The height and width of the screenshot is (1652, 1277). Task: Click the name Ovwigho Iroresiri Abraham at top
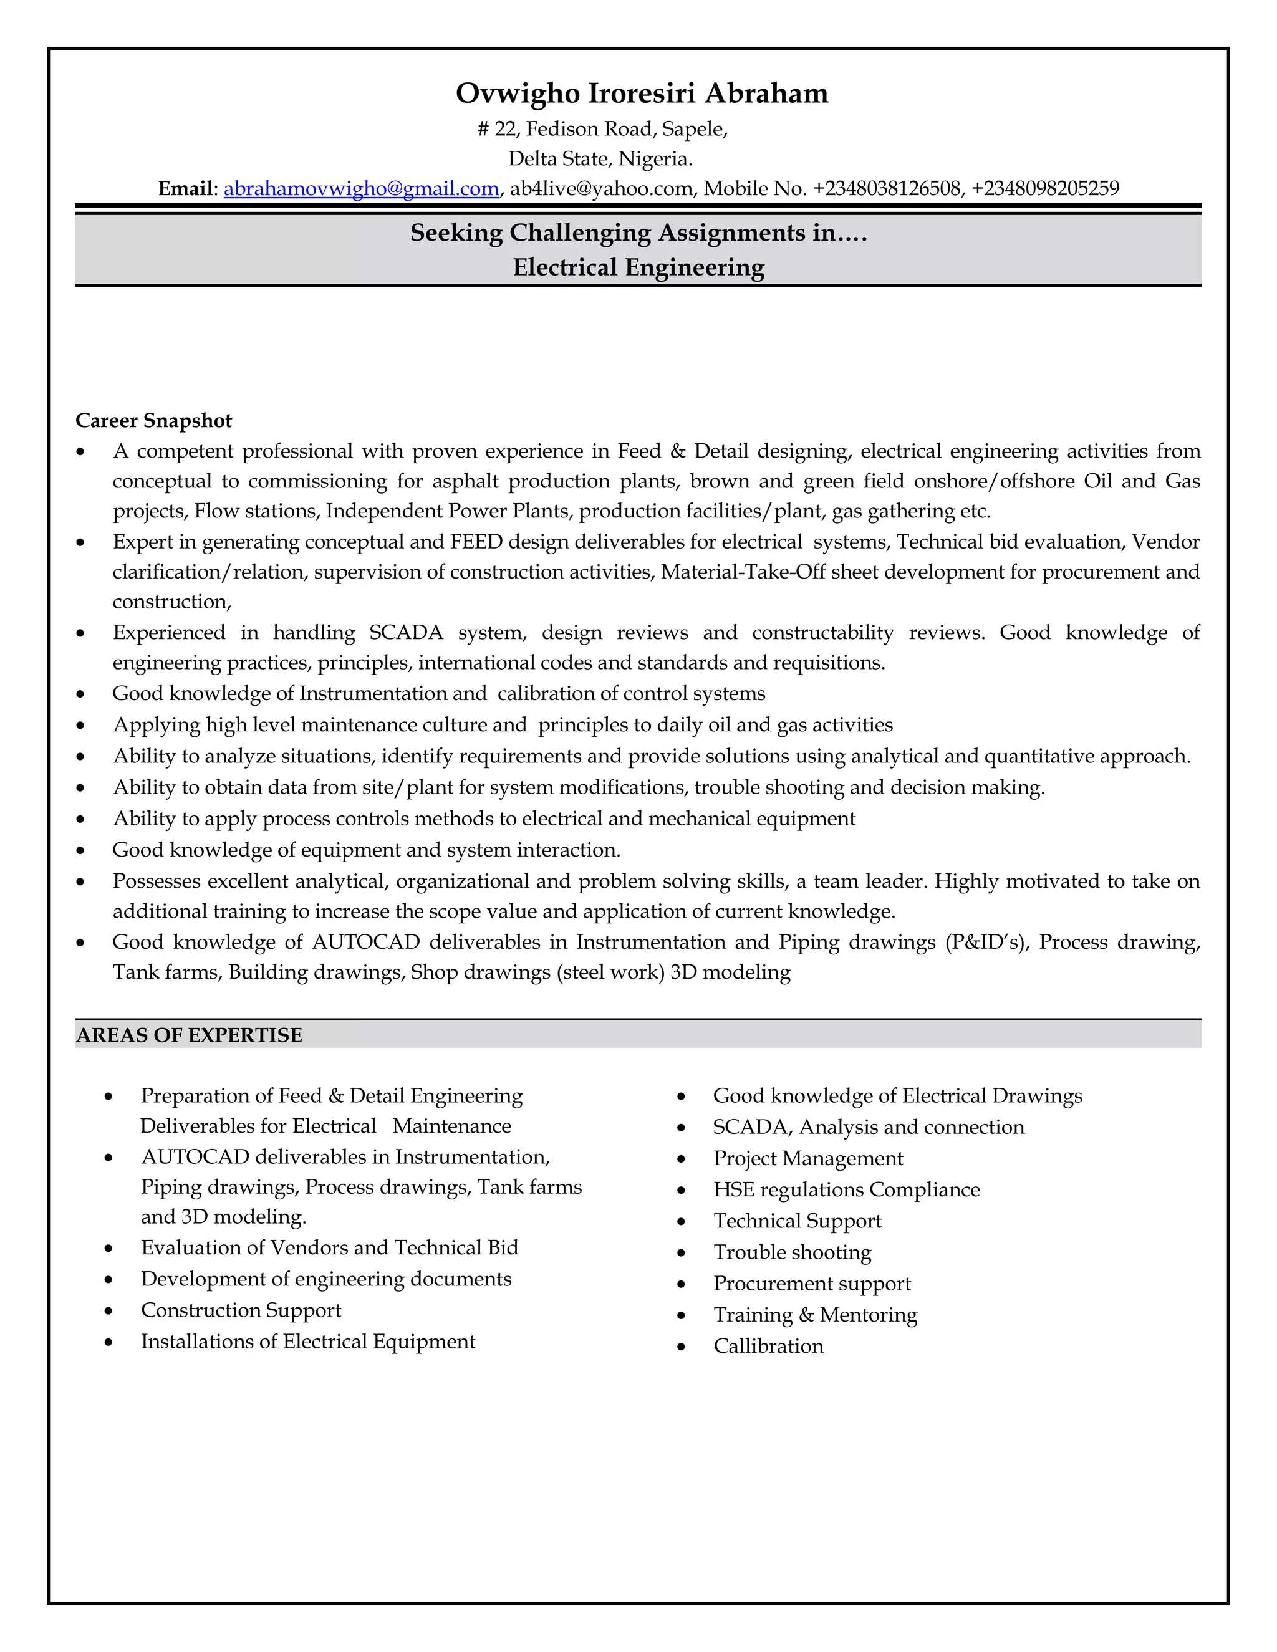[642, 94]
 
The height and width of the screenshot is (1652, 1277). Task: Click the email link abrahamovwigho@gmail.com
[361, 188]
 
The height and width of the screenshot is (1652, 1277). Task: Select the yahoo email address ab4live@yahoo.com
[602, 188]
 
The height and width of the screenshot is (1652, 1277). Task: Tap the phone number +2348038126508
[887, 188]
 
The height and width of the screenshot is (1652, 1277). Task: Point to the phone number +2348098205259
[1045, 188]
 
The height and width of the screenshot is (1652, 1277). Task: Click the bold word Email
[185, 188]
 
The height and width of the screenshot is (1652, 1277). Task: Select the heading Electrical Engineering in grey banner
[638, 267]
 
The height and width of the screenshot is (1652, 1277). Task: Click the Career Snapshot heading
[153, 421]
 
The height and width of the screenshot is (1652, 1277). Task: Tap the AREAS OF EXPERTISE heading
[189, 1035]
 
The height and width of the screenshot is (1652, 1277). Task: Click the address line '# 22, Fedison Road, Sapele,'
[602, 129]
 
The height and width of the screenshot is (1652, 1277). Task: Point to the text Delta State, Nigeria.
[600, 159]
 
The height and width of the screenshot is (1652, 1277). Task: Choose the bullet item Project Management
[807, 1159]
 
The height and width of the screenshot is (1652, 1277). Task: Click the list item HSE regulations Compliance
[846, 1190]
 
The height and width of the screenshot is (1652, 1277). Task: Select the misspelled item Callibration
[768, 1347]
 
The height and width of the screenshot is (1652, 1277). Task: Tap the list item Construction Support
[241, 1310]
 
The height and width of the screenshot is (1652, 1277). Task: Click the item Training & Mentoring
[815, 1315]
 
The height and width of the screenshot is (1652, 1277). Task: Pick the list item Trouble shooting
[792, 1252]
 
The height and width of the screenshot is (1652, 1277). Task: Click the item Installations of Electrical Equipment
[308, 1342]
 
